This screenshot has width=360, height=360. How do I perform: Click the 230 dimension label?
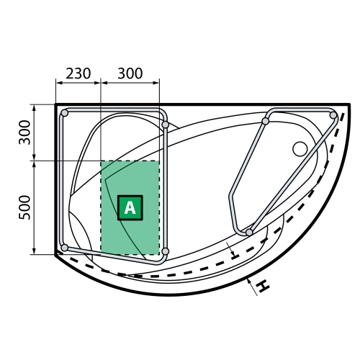pyautogui.click(x=78, y=73)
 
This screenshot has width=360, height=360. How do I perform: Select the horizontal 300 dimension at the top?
pyautogui.click(x=130, y=73)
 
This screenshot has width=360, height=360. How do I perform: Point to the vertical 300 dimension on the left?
pyautogui.click(x=25, y=132)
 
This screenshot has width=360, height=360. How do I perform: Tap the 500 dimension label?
pyautogui.click(x=25, y=207)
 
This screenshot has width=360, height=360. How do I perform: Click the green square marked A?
pyautogui.click(x=130, y=207)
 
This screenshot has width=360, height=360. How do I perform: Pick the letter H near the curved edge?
pyautogui.click(x=263, y=286)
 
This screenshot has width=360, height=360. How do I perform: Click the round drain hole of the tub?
pyautogui.click(x=300, y=149)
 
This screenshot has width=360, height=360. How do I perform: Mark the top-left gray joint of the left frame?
pyautogui.click(x=65, y=113)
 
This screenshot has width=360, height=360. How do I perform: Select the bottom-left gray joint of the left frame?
pyautogui.click(x=65, y=248)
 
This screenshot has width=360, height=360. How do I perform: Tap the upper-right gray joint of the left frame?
pyautogui.click(x=166, y=125)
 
